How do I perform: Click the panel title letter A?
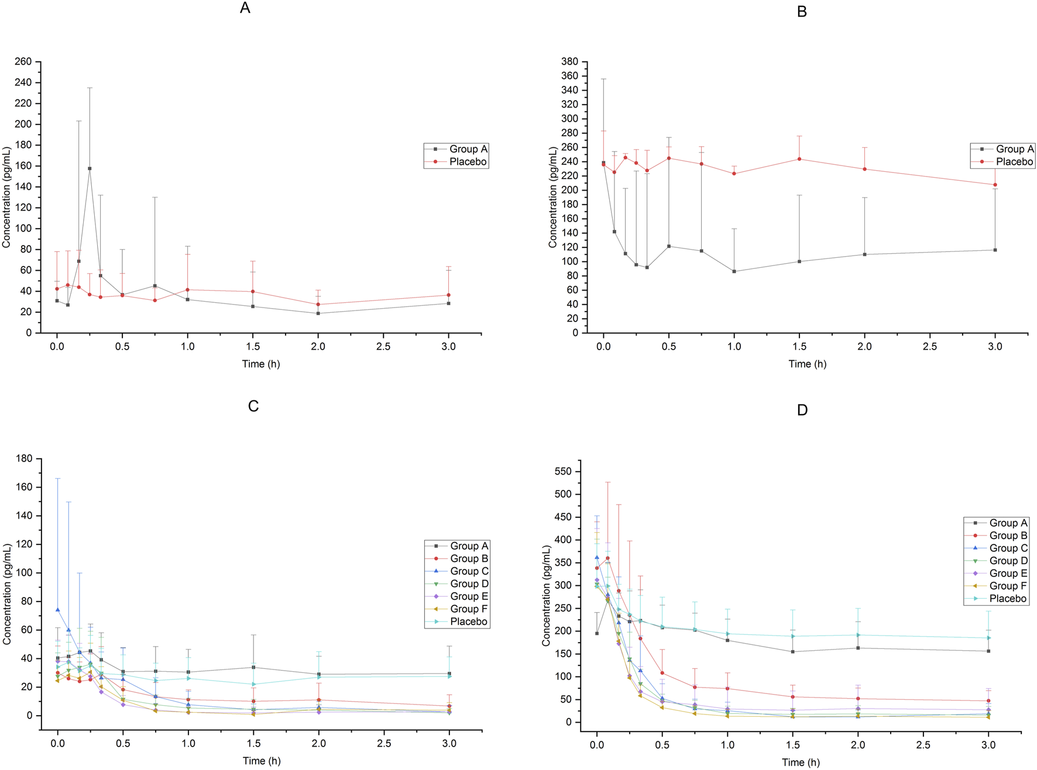click(x=245, y=8)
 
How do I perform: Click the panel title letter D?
click(x=802, y=410)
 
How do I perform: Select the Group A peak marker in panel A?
click(x=90, y=168)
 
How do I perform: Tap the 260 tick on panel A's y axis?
click(x=24, y=61)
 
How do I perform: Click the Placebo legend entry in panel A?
click(x=468, y=162)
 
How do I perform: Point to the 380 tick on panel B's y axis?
click(x=570, y=61)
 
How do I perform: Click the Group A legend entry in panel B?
click(x=1014, y=149)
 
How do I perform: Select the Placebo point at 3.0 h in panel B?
click(x=995, y=185)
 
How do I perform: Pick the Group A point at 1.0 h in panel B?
click(x=734, y=271)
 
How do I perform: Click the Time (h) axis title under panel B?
click(x=807, y=364)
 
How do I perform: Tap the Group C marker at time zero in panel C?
click(x=57, y=610)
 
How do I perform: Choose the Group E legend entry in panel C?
click(x=469, y=596)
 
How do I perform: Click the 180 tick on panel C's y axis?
click(x=24, y=458)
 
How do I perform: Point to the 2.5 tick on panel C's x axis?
click(x=383, y=744)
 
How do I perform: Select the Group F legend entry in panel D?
click(x=1008, y=586)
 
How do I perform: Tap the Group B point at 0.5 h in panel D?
click(x=662, y=673)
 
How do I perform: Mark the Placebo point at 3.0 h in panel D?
click(x=988, y=638)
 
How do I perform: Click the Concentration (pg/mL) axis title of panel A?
click(x=6, y=197)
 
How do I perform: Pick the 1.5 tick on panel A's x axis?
click(x=253, y=347)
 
